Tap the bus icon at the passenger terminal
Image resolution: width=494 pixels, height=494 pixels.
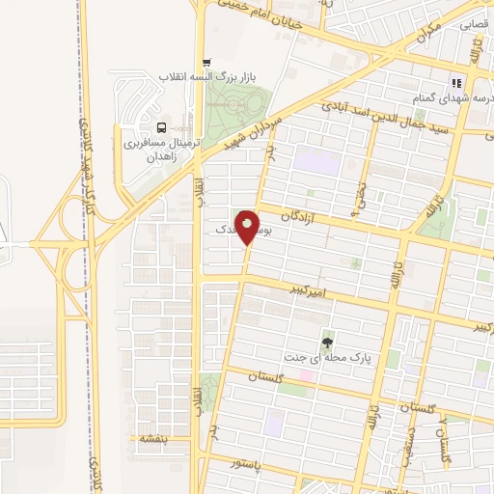(x=160, y=126)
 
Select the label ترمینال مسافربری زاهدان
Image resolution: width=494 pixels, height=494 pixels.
(x=159, y=151)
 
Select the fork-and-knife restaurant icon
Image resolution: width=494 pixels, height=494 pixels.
(x=456, y=83)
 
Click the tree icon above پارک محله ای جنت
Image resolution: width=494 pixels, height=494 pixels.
(x=328, y=342)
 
